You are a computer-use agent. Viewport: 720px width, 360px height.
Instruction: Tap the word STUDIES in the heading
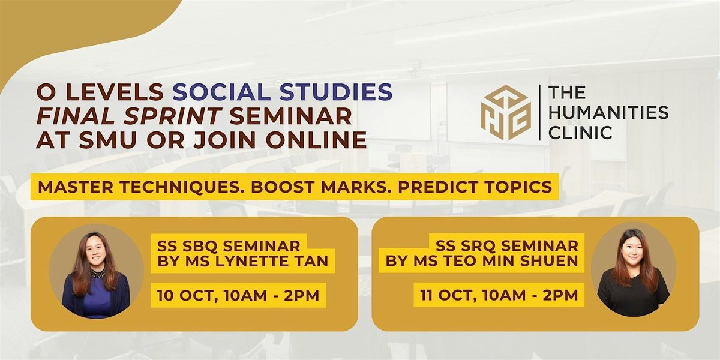(336, 92)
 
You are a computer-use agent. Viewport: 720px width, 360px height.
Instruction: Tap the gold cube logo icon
(506, 113)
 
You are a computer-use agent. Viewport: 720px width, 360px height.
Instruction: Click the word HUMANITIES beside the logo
(608, 113)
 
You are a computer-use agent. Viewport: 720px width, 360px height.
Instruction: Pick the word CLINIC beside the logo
(580, 133)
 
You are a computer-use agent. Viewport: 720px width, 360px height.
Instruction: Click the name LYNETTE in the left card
(251, 261)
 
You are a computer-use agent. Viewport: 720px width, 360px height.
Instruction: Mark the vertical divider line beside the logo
(539, 113)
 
